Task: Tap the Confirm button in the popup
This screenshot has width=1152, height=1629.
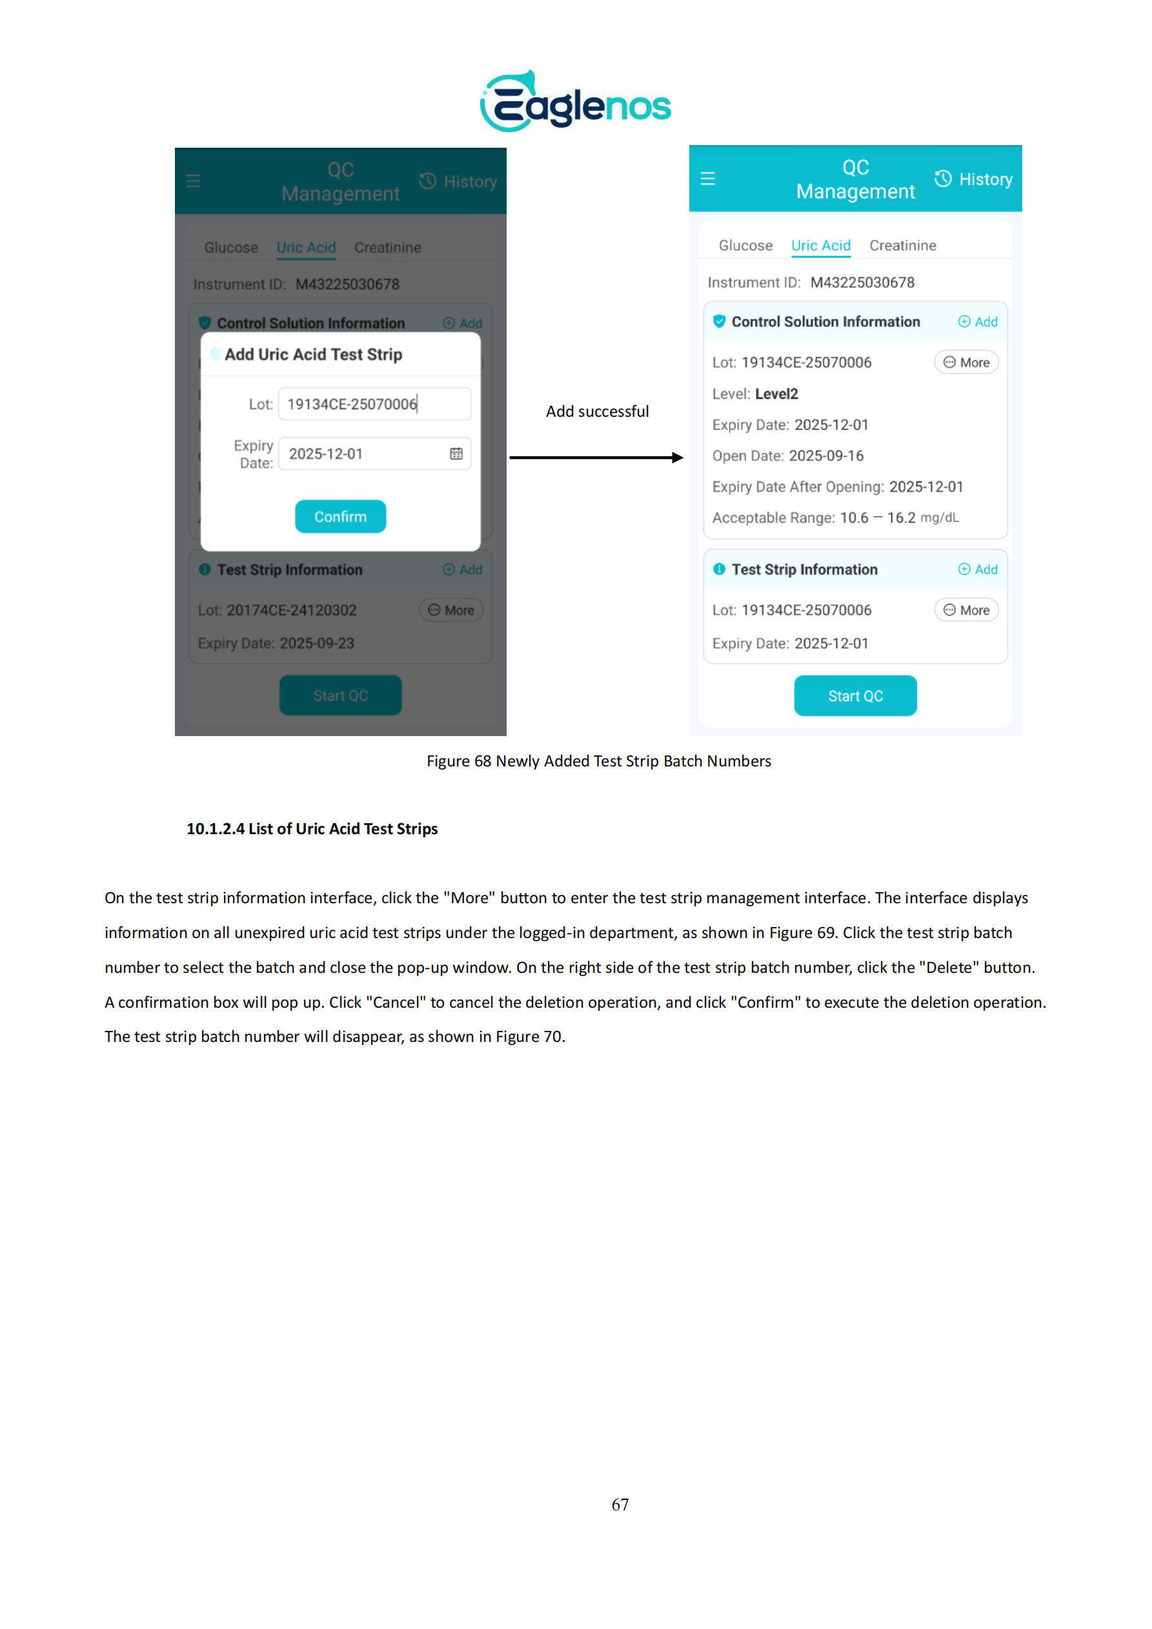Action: pyautogui.click(x=340, y=517)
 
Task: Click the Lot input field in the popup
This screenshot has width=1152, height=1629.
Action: pyautogui.click(x=374, y=404)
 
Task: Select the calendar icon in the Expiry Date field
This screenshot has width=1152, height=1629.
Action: pyautogui.click(x=456, y=454)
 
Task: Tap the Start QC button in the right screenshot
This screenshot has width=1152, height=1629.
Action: pyautogui.click(x=854, y=696)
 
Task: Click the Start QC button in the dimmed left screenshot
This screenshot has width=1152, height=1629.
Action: pyautogui.click(x=340, y=695)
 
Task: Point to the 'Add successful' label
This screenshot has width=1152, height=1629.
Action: pyautogui.click(x=597, y=412)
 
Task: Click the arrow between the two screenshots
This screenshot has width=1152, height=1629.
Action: pyautogui.click(x=596, y=457)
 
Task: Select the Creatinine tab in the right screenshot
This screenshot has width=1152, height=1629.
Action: pyautogui.click(x=902, y=246)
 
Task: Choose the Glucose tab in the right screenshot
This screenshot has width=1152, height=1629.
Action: pyautogui.click(x=745, y=246)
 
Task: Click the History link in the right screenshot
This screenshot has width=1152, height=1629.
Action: pyautogui.click(x=973, y=179)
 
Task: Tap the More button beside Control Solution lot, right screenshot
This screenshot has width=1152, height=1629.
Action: pyautogui.click(x=966, y=363)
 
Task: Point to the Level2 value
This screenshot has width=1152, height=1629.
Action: pyautogui.click(x=776, y=394)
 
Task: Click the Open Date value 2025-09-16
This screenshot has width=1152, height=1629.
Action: pyautogui.click(x=826, y=455)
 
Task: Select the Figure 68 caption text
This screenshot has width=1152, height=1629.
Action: pyautogui.click(x=598, y=761)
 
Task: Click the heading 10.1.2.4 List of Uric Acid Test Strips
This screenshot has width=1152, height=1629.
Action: pyautogui.click(x=312, y=828)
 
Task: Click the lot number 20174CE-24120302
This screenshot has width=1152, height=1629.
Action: pyautogui.click(x=291, y=610)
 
